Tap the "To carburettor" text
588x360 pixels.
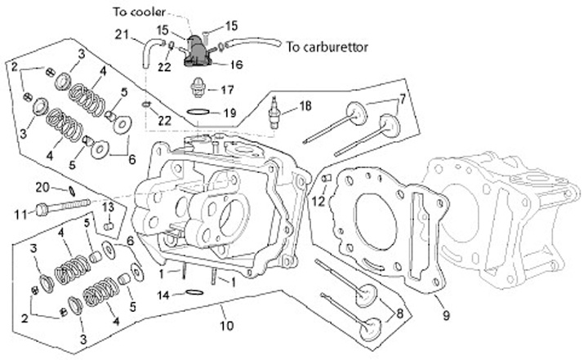[327, 47]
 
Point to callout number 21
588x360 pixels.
[122, 34]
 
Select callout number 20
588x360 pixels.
[43, 187]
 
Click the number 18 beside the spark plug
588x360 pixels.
[305, 105]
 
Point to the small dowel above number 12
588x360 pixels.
[325, 177]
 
